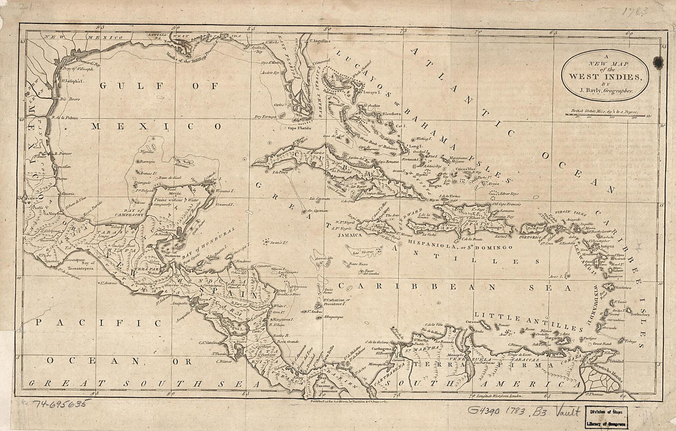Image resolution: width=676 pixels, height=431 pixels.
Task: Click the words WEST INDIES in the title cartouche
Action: [x=603, y=77]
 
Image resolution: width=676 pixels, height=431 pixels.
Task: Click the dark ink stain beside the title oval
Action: [x=658, y=61]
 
